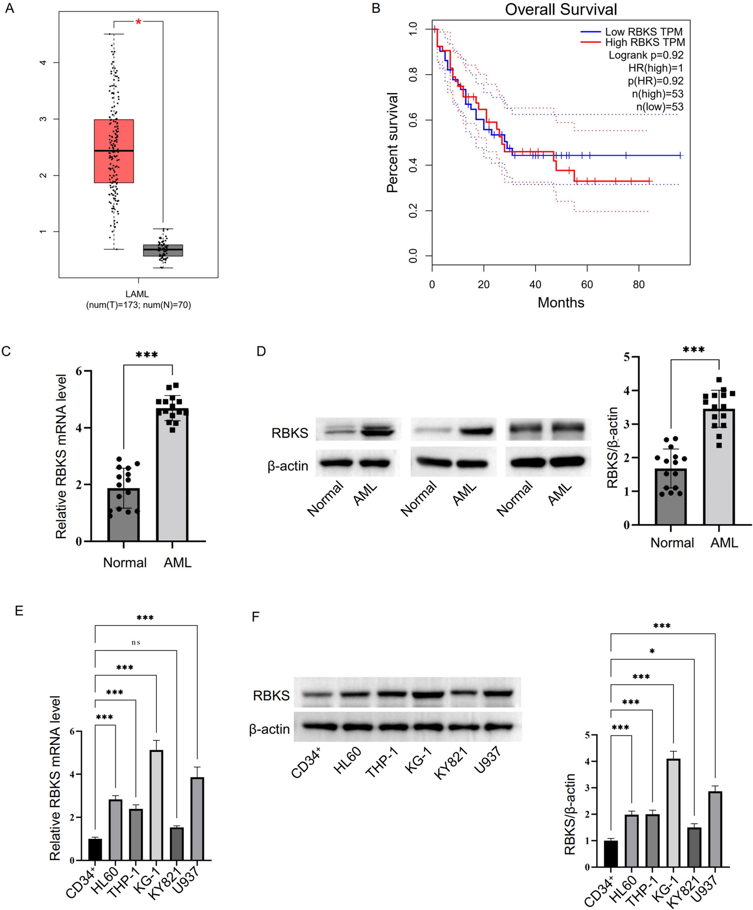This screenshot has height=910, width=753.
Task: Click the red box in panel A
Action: (114, 151)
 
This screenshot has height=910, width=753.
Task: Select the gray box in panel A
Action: (163, 250)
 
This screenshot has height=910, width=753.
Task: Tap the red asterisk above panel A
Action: (138, 22)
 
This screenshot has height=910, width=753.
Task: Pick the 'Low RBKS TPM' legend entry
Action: (643, 32)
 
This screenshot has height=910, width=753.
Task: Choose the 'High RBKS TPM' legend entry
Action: (644, 42)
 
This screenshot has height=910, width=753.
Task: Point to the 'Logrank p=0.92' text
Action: (646, 55)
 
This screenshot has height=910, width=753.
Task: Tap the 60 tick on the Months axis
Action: (587, 285)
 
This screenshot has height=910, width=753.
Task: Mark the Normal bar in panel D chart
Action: (670, 497)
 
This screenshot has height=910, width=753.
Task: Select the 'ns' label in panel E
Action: (136, 642)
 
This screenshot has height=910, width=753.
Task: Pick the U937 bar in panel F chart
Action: (715, 829)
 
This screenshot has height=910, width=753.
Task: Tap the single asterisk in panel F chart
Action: (652, 651)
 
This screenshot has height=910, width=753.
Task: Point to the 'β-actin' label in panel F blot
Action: (269, 729)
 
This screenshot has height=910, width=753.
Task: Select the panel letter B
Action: (376, 8)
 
